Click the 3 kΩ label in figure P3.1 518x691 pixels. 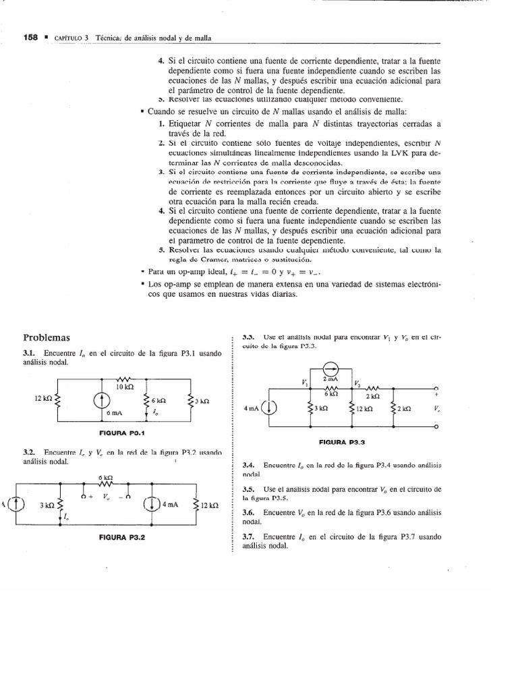(202, 401)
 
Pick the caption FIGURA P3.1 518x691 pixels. (123, 433)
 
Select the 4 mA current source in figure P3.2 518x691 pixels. (149, 504)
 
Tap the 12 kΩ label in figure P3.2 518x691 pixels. (209, 505)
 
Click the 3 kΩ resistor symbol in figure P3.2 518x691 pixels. (61, 505)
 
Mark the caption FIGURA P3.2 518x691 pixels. (123, 538)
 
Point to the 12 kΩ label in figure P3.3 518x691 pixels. (364, 408)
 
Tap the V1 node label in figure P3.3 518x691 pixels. (304, 383)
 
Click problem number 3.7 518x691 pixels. (248, 536)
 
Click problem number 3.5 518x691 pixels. (248, 489)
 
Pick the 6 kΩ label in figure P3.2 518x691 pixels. (105, 478)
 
